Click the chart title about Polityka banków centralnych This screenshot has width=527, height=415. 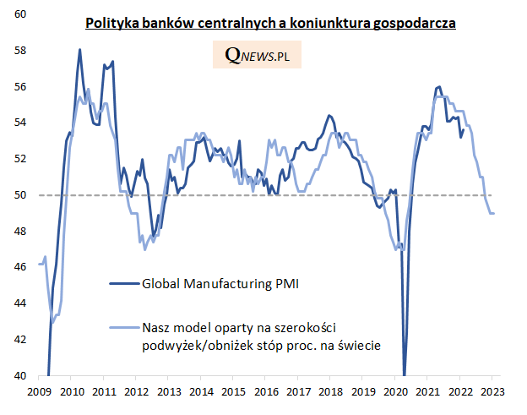[x=271, y=24]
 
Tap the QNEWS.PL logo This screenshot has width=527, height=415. [x=262, y=55]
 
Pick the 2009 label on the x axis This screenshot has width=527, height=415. [x=40, y=391]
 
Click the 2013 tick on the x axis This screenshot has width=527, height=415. [x=169, y=391]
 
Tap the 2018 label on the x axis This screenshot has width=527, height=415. [x=331, y=391]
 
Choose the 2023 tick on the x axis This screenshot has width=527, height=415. [x=493, y=391]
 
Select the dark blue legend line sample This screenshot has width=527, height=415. [x=123, y=284]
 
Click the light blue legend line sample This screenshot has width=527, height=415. [x=123, y=327]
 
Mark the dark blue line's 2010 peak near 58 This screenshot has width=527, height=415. [x=79, y=50]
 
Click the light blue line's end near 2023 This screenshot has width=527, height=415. [x=493, y=213]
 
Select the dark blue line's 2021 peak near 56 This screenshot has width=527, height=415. [x=439, y=87]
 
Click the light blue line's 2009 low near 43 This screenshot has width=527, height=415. [x=52, y=322]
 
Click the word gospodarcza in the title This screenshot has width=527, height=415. [x=414, y=24]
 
